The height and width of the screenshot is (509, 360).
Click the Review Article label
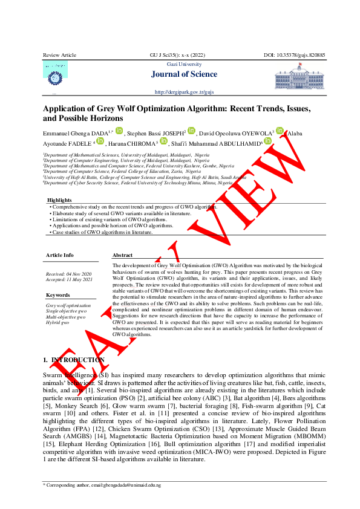coord(59,55)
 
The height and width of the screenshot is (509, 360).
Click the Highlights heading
coord(60,199)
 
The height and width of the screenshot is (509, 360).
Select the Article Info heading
coord(59,255)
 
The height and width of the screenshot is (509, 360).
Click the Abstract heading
coord(123,255)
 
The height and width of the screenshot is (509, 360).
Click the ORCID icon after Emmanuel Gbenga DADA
coord(119,131)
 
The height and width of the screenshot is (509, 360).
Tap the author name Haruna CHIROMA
coord(131,144)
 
